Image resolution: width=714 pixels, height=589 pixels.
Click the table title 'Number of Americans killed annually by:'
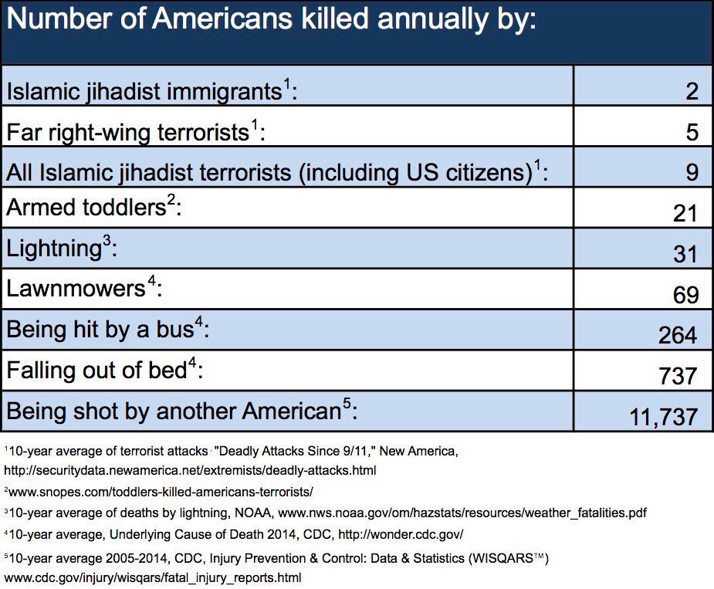tap(270, 21)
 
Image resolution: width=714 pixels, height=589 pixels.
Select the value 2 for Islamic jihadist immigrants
tap(691, 91)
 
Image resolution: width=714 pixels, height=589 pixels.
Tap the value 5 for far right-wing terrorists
tap(691, 132)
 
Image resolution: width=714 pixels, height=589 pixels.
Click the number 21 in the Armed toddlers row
tap(685, 213)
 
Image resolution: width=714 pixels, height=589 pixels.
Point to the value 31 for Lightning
tap(685, 254)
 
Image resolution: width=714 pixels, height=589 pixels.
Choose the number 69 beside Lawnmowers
tap(685, 294)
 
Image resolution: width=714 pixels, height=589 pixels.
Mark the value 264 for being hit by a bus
tap(678, 335)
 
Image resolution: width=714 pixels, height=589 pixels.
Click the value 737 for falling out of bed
tap(678, 375)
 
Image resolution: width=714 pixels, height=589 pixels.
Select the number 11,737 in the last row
tap(664, 417)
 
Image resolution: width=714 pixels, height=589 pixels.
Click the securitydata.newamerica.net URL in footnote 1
tap(190, 469)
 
